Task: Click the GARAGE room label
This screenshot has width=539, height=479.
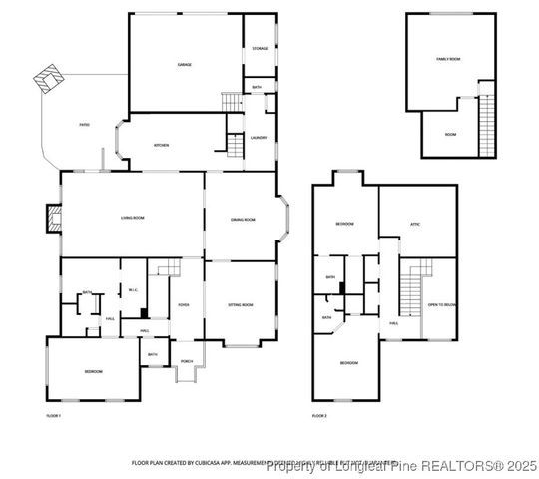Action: [x=185, y=64]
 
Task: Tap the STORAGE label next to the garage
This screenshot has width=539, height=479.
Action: [x=259, y=48]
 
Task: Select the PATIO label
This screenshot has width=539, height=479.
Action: [x=85, y=125]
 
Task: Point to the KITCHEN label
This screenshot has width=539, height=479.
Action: [x=161, y=145]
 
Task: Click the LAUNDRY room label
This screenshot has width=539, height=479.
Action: [x=259, y=138]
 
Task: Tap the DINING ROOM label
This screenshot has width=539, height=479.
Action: [x=244, y=219]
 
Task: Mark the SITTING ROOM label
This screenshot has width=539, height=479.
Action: [x=240, y=304]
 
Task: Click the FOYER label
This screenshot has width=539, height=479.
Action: [x=185, y=304]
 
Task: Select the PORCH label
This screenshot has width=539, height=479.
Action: [x=187, y=361]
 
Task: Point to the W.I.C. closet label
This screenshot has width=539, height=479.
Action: [x=132, y=290]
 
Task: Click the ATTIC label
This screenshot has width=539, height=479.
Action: [x=415, y=224]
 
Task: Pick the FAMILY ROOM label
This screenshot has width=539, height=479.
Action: [x=448, y=60]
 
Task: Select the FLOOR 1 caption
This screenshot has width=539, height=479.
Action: [x=54, y=414]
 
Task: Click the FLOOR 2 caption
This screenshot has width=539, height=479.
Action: [x=319, y=414]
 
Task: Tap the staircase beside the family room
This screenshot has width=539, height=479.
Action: [x=487, y=120]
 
